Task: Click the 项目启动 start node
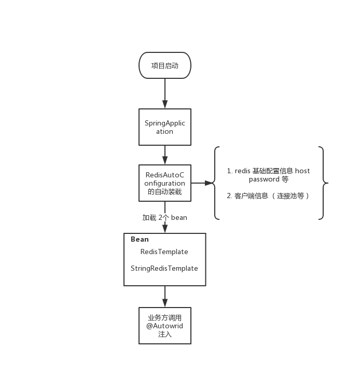[164, 66]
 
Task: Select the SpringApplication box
[164, 127]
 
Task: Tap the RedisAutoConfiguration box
[164, 183]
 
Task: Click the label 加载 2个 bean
[164, 218]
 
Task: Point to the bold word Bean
[140, 240]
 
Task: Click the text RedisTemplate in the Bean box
[164, 252]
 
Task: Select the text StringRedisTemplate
[164, 269]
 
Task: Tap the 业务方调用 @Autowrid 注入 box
[164, 326]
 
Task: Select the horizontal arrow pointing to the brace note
[203, 183]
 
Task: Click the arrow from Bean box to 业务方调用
[164, 297]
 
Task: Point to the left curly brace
[216, 183]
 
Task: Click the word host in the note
[302, 171]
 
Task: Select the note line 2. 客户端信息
[268, 196]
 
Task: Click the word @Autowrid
[164, 326]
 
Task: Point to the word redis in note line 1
[243, 171]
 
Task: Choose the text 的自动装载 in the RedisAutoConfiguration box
[164, 192]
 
